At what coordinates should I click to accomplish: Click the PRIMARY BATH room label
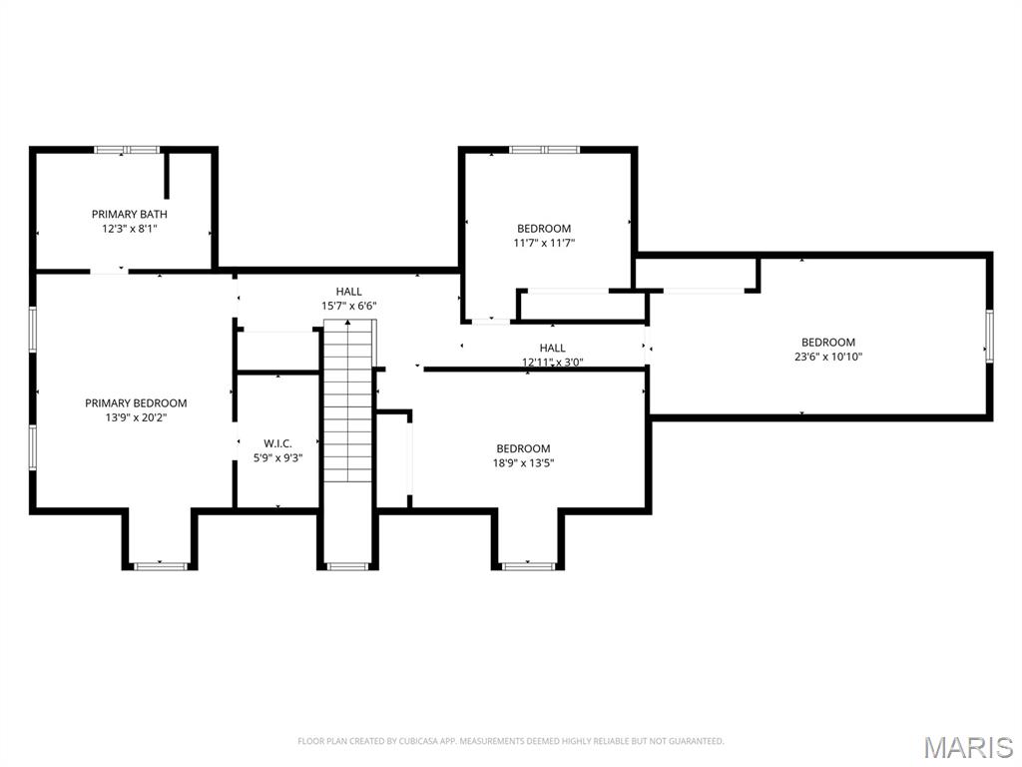tap(129, 214)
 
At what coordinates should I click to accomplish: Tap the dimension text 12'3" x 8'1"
tap(129, 229)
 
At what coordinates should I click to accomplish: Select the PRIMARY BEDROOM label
tap(136, 403)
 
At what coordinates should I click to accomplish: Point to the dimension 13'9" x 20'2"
tap(136, 418)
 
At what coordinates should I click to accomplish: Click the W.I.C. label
tap(277, 443)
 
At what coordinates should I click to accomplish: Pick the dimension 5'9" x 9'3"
tap(277, 458)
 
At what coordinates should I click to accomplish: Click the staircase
tap(348, 401)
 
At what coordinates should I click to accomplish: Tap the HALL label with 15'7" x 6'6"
tap(348, 292)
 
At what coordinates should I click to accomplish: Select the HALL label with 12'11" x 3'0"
tap(552, 349)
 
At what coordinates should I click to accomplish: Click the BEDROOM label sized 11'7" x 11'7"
tap(544, 229)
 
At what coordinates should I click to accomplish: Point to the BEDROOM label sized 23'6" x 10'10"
tap(827, 343)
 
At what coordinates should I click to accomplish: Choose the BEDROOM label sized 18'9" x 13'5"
tap(523, 448)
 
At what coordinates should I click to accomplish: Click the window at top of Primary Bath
tap(127, 150)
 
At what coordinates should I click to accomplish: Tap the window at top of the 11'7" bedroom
tap(544, 150)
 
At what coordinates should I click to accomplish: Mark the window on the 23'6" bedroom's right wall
tap(989, 336)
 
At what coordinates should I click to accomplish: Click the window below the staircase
tap(348, 566)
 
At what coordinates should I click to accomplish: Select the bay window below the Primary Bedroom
tap(161, 566)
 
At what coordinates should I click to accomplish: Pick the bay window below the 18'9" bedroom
tap(528, 566)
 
